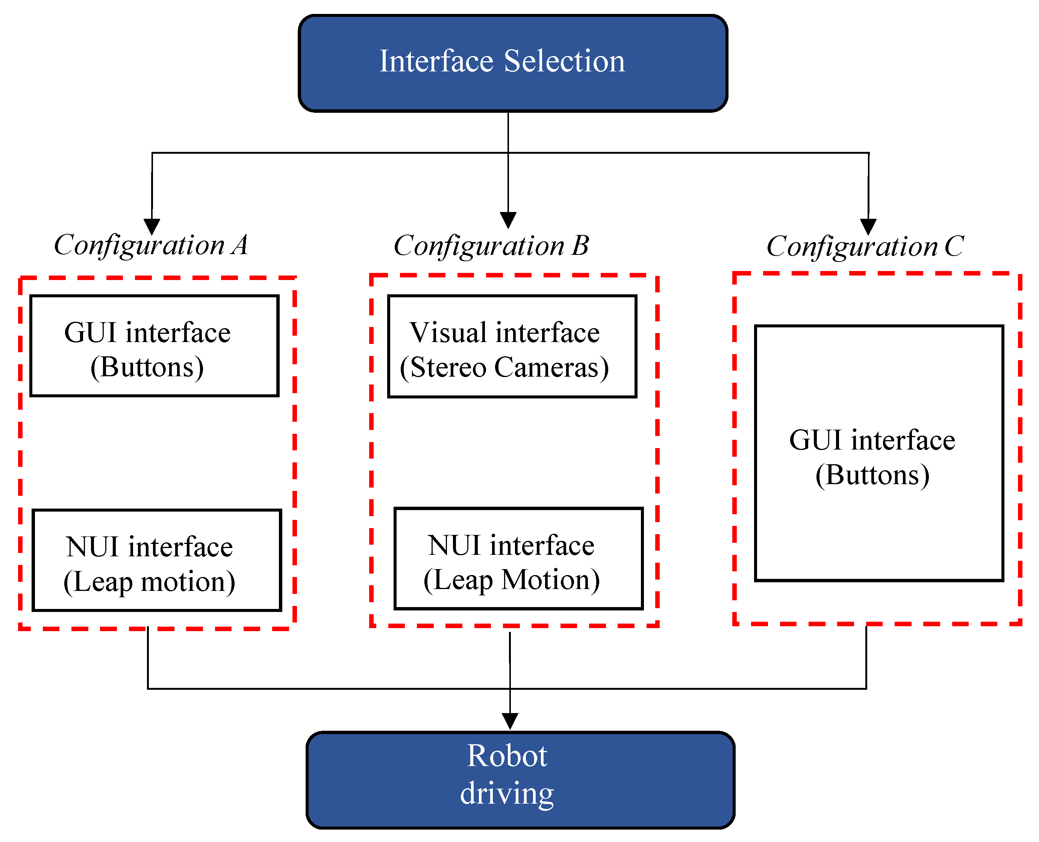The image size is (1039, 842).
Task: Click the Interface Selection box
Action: [513, 63]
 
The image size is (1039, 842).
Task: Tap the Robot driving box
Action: [520, 780]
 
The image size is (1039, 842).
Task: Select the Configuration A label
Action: [150, 245]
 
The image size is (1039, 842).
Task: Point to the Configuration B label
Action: [491, 246]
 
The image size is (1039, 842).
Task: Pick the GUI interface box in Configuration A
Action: [154, 345]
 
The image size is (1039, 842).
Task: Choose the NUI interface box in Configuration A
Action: [157, 560]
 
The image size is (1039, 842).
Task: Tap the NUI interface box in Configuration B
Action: [518, 558]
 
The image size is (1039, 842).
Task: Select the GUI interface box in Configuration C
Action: [878, 453]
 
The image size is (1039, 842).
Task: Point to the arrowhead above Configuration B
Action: [508, 220]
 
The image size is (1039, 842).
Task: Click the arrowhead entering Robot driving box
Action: [510, 721]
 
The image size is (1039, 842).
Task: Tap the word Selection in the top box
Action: [564, 62]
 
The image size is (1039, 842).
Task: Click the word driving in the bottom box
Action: [506, 795]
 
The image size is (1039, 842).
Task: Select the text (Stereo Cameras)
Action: [504, 367]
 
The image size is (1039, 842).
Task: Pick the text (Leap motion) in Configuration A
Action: [149, 582]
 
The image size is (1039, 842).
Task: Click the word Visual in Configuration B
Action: [448, 333]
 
